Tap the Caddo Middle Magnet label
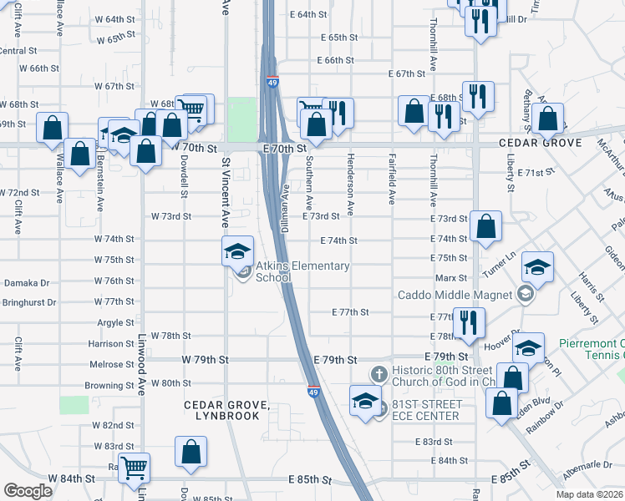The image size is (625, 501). click(454, 294)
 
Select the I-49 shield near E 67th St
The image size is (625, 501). click(273, 82)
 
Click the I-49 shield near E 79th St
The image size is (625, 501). click(312, 391)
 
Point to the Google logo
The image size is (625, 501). click(28, 491)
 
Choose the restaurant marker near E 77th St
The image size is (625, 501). click(468, 321)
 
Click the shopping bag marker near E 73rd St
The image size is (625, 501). click(485, 225)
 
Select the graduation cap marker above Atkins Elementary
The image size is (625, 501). click(237, 250)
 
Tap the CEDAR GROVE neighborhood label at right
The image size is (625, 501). click(540, 144)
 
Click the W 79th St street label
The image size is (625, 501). click(205, 360)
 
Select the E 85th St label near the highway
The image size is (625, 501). click(310, 481)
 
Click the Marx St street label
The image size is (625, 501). click(450, 278)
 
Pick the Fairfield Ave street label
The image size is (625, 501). click(392, 181)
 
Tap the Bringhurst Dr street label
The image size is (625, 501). click(28, 302)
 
